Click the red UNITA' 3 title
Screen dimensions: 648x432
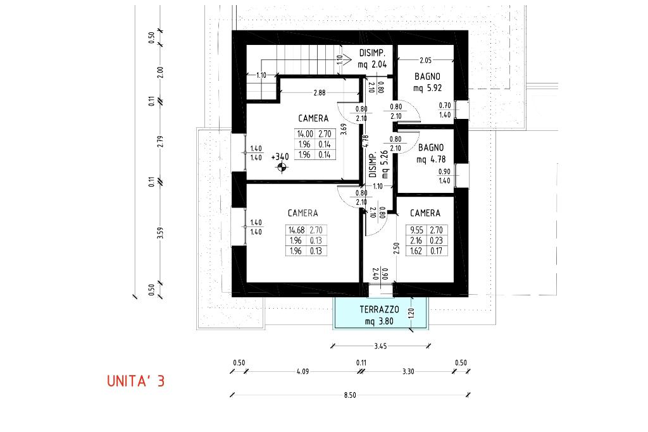pos(135,381)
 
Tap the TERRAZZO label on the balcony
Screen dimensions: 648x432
pos(380,309)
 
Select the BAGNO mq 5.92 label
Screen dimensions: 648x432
pos(427,82)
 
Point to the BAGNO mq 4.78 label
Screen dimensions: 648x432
pos(430,153)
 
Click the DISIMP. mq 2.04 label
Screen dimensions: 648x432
pos(372,59)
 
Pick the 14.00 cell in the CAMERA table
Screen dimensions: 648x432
pos(305,134)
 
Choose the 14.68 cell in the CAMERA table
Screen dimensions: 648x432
pos(296,230)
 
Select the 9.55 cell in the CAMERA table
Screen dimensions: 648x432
pos(416,230)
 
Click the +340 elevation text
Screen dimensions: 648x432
pos(280,157)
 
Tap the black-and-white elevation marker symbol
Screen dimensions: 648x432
pos(282,167)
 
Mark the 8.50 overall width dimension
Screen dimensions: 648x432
pos(349,395)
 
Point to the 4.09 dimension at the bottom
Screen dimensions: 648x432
pos(302,371)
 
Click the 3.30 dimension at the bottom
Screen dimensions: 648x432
pos(408,371)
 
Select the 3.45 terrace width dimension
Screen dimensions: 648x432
pos(380,346)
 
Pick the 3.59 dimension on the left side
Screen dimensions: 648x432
pos(161,233)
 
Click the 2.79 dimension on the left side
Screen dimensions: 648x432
pos(161,141)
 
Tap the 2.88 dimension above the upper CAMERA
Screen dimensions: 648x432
pos(319,93)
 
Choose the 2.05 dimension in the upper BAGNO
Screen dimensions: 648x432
pos(425,60)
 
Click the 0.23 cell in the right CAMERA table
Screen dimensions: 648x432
pos(437,240)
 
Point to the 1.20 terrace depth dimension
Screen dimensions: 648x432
pos(410,313)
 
